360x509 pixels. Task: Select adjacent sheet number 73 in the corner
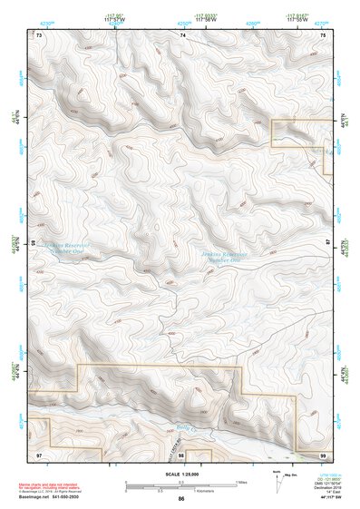click(x=39, y=34)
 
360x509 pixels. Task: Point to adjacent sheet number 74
click(x=182, y=34)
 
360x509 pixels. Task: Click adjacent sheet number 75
click(x=324, y=34)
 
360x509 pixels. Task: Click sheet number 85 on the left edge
click(x=34, y=243)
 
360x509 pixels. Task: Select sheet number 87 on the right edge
click(x=329, y=243)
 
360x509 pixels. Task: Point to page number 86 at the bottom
click(x=181, y=499)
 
